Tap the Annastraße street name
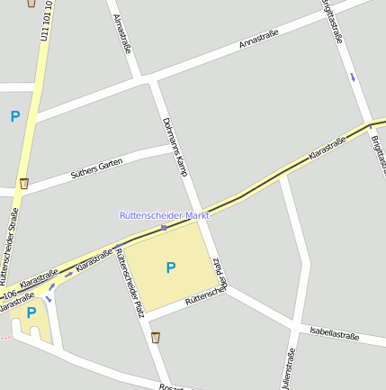tap(259, 39)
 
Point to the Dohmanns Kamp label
tap(175, 146)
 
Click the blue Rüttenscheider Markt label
tap(165, 216)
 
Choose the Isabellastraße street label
tap(334, 335)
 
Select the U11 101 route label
tap(44, 20)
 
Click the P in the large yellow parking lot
tap(171, 268)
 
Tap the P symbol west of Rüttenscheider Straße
tap(14, 116)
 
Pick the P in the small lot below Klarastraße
tap(31, 313)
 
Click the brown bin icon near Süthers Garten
tap(24, 184)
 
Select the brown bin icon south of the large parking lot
tap(156, 338)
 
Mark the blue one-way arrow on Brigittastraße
tap(353, 77)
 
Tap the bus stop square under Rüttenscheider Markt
tap(164, 228)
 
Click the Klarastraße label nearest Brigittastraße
tap(327, 148)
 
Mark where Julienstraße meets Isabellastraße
tap(295, 326)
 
